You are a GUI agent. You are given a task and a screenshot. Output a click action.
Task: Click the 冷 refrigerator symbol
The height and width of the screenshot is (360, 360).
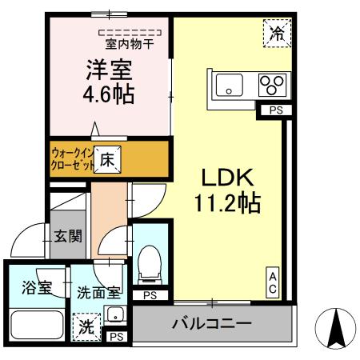pyautogui.click(x=276, y=34)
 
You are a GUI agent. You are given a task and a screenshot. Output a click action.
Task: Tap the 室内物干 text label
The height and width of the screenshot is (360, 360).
pyautogui.click(x=130, y=45)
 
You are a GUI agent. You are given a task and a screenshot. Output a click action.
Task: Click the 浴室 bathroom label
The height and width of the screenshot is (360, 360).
pyautogui.click(x=36, y=288)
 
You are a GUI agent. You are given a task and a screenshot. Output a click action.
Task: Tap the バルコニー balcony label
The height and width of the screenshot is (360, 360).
pyautogui.click(x=212, y=325)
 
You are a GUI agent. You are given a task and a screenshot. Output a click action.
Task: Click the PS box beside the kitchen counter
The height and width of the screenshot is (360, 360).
pyautogui.click(x=274, y=110)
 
